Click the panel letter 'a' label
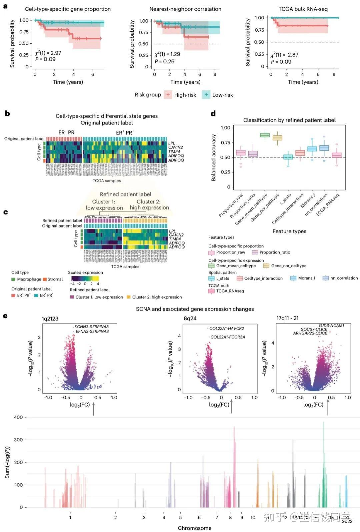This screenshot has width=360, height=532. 5,6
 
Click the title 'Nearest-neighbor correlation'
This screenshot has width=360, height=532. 185,9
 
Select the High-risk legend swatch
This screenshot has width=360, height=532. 168,95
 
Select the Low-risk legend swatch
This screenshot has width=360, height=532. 206,95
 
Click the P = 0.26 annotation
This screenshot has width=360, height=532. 164,61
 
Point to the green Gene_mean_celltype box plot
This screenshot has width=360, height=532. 265,135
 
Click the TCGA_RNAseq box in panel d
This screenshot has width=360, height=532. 337,155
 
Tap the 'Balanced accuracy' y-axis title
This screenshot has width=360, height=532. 214,157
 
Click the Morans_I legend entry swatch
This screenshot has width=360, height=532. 293,278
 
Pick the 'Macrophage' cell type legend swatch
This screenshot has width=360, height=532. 13,279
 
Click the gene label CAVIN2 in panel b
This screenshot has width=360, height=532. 175,147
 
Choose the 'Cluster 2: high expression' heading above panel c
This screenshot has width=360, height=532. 149,204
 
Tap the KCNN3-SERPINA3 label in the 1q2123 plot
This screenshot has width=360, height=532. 91,327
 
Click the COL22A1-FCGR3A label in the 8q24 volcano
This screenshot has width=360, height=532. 228,337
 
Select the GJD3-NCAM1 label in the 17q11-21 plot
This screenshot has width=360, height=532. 331,325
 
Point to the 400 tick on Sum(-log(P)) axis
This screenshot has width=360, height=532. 18,417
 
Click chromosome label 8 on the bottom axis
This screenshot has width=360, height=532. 230,517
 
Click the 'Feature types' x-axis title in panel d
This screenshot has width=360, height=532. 289,231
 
